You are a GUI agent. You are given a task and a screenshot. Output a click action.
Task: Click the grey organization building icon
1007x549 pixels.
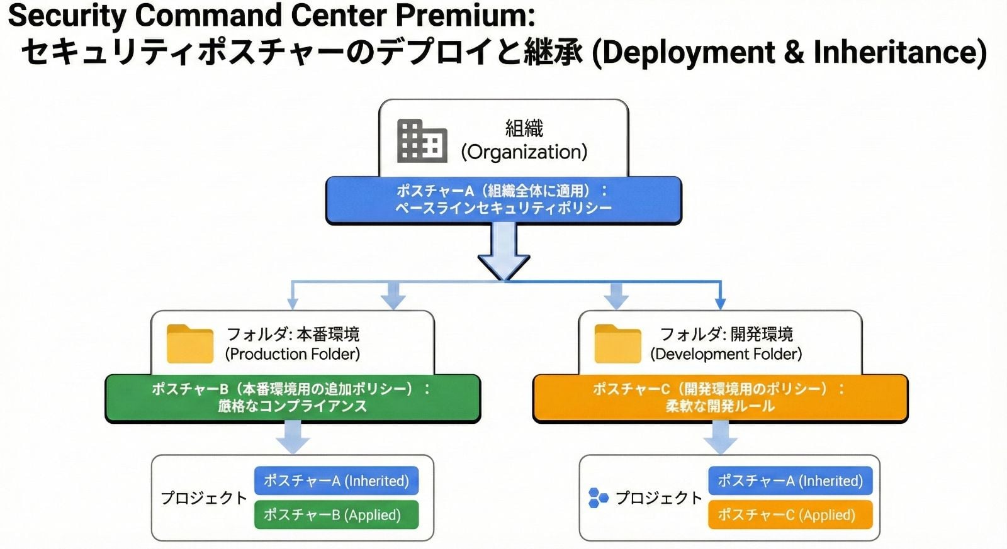coord(422,141)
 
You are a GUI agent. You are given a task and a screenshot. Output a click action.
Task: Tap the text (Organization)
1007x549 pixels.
coord(524,152)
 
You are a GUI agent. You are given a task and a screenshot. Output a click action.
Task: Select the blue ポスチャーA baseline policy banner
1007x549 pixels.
coord(503,201)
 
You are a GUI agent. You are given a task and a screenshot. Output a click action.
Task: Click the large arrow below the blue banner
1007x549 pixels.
coord(504,252)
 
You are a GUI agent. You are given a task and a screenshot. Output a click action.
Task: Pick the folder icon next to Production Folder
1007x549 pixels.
coord(189,344)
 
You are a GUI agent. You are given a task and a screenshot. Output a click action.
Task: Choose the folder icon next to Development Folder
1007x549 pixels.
coord(617,344)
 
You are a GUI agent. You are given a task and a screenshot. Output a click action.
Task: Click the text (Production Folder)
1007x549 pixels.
coord(293,355)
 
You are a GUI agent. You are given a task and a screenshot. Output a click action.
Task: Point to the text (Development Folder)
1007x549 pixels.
coord(726,355)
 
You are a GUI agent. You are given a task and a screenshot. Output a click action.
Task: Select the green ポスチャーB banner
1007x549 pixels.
coord(293,399)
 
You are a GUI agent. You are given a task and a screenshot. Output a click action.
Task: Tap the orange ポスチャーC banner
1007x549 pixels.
coord(720,399)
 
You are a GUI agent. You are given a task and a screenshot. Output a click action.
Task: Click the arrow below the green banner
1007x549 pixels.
coord(293,437)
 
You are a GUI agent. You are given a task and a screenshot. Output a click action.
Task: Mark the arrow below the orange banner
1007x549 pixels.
coord(720,437)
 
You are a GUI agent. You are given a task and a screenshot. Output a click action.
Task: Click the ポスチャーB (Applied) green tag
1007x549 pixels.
coord(336,515)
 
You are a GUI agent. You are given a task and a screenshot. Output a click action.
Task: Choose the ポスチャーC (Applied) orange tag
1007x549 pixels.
coord(790,515)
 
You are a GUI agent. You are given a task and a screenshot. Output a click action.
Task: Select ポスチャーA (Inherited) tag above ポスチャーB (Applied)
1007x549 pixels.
coord(336,480)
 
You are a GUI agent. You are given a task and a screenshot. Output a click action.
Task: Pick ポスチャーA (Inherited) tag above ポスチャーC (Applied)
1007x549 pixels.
coord(790,480)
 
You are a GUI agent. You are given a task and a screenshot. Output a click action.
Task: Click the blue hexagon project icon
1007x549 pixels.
coord(599,498)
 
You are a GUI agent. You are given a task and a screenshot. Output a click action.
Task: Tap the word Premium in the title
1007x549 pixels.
coord(465,16)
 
